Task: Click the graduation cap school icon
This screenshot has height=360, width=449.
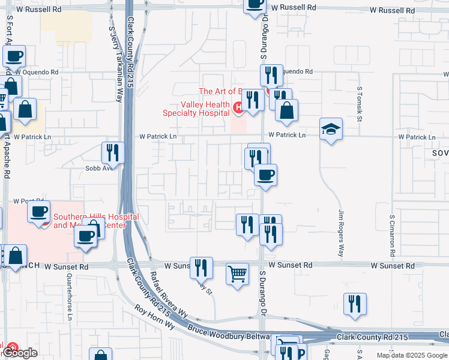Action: pos(331,129)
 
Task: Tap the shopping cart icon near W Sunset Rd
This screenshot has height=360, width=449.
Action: pos(238,274)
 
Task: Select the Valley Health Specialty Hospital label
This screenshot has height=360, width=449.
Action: pos(196,108)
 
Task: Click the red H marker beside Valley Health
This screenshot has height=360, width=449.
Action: pos(238,107)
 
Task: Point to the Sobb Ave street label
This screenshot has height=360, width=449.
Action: pos(99,168)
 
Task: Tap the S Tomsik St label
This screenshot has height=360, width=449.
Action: pos(360,104)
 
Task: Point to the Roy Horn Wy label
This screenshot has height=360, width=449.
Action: pos(154,317)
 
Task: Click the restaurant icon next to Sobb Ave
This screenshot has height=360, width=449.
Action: pos(113,153)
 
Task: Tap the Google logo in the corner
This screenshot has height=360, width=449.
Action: pos(20,353)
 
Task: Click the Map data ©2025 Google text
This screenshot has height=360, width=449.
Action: pos(411,355)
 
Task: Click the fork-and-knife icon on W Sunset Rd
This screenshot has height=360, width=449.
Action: pos(202,267)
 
